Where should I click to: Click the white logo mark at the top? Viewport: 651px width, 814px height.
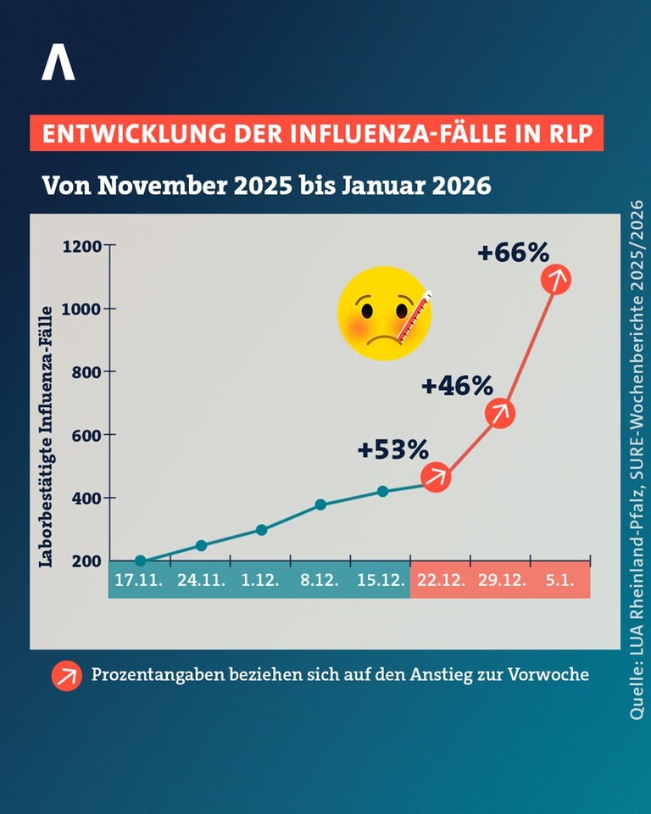pos(58,62)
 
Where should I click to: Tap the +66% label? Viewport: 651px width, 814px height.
pos(513,253)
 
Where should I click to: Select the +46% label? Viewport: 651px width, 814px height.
pos(458,386)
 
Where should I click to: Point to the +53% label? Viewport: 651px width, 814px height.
pos(393,449)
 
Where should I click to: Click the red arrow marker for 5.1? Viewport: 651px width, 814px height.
pos(556,279)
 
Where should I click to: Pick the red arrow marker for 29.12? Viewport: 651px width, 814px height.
pos(500,413)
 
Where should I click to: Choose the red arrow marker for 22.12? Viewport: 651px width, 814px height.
pos(436,477)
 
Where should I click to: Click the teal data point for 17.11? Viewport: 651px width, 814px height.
pos(140,560)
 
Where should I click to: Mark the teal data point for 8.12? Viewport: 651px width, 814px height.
pos(320,505)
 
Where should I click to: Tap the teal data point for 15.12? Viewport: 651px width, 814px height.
pos(382,491)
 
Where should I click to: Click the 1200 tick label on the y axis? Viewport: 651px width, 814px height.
pos(82,246)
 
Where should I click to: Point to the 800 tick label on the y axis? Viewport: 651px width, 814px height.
pos(86,371)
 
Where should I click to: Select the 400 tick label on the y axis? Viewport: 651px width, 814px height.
pos(86,498)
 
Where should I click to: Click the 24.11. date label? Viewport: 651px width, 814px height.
pos(202,580)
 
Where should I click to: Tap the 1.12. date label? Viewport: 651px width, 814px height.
pos(260,580)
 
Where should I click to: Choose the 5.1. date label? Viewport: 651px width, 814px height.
pos(560,580)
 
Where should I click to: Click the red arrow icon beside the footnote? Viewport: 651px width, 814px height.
pos(66,676)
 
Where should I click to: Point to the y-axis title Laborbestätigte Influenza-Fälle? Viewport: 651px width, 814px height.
pos(47,437)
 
